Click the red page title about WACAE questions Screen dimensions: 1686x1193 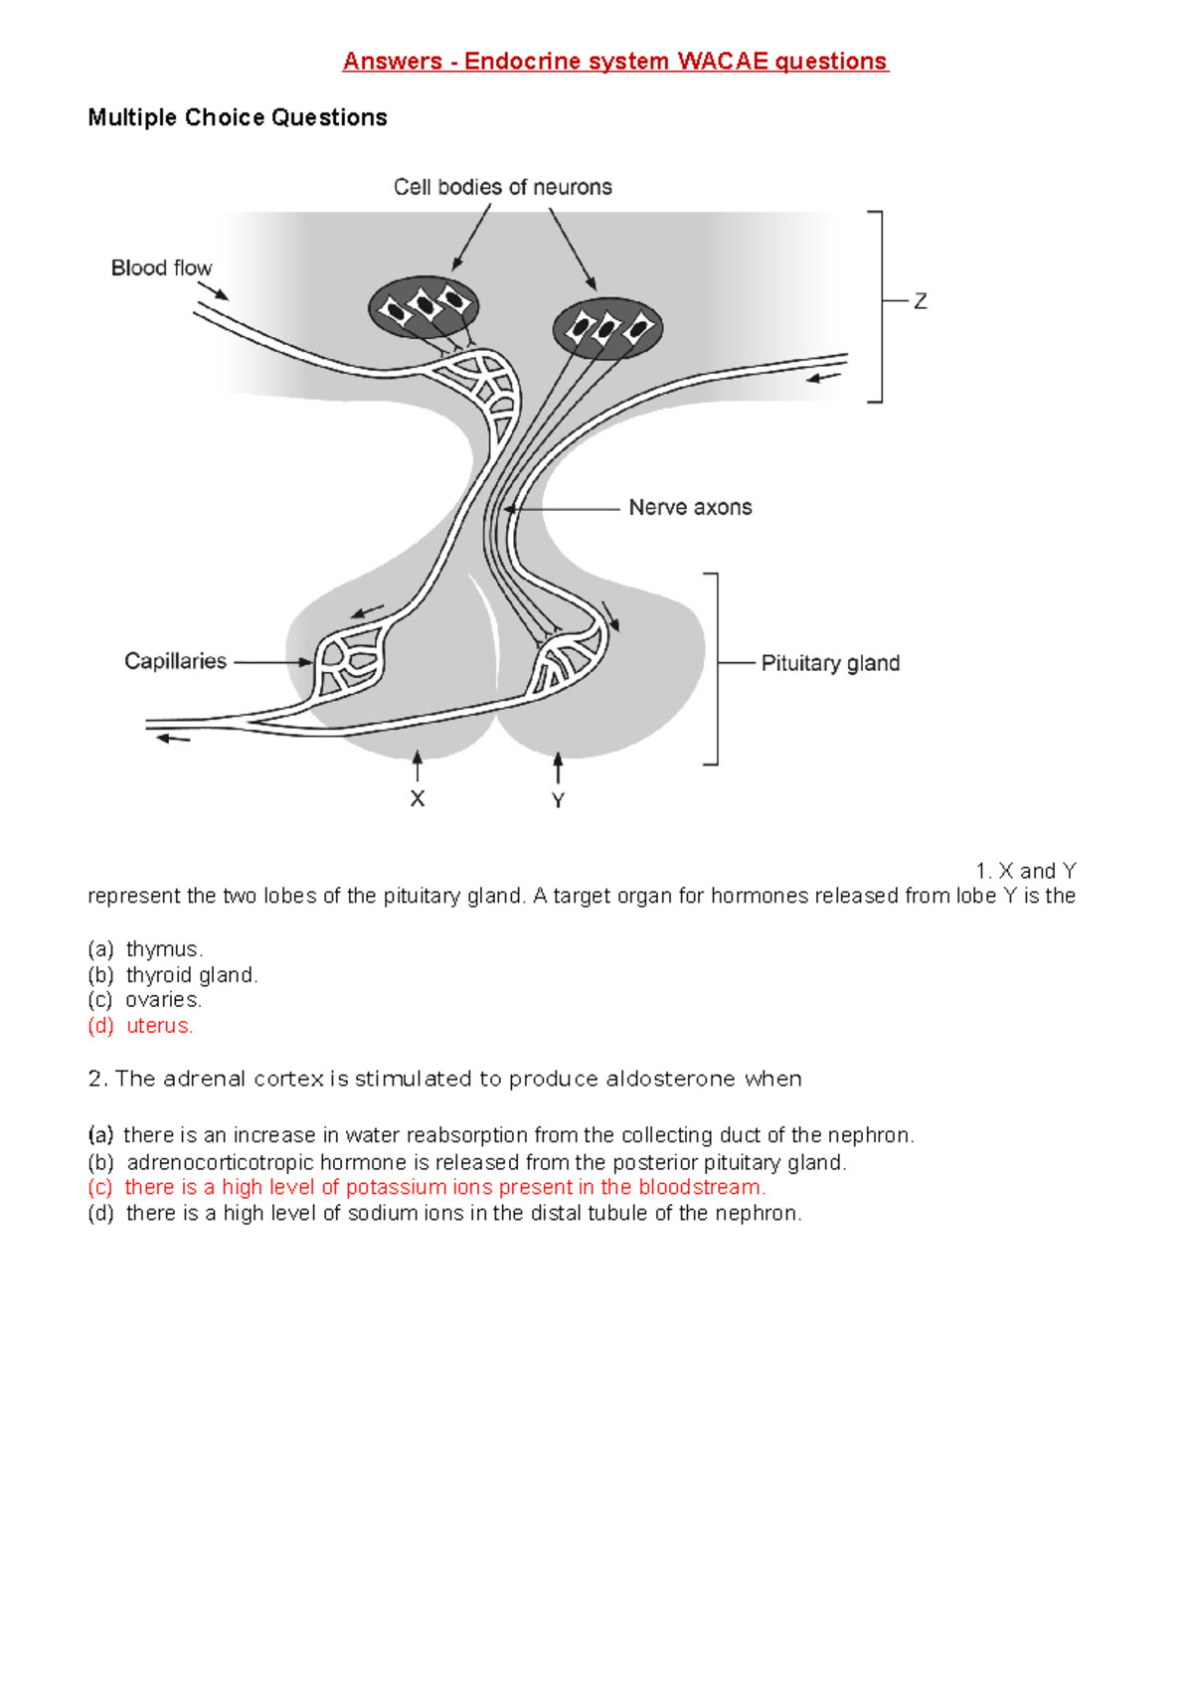pos(614,62)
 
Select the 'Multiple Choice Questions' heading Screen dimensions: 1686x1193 pos(238,117)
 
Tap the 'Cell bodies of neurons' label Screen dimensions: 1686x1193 pos(502,187)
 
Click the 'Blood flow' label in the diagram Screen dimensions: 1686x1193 pos(161,267)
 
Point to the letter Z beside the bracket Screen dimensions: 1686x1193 pos(921,301)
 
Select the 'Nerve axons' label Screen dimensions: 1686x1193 pos(690,507)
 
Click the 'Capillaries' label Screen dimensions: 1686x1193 pos(175,661)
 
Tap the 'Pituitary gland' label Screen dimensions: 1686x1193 pos(830,663)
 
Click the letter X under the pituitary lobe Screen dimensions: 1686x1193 pos(418,799)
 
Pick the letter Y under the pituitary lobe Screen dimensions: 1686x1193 pos(558,800)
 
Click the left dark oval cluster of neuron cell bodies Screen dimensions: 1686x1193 pos(425,306)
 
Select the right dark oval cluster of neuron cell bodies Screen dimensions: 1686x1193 pos(607,327)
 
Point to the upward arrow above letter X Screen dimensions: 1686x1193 pos(418,766)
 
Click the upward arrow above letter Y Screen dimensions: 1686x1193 pos(558,767)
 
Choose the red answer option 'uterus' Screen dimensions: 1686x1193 pos(159,1026)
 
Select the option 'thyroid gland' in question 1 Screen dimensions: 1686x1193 pos(191,975)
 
